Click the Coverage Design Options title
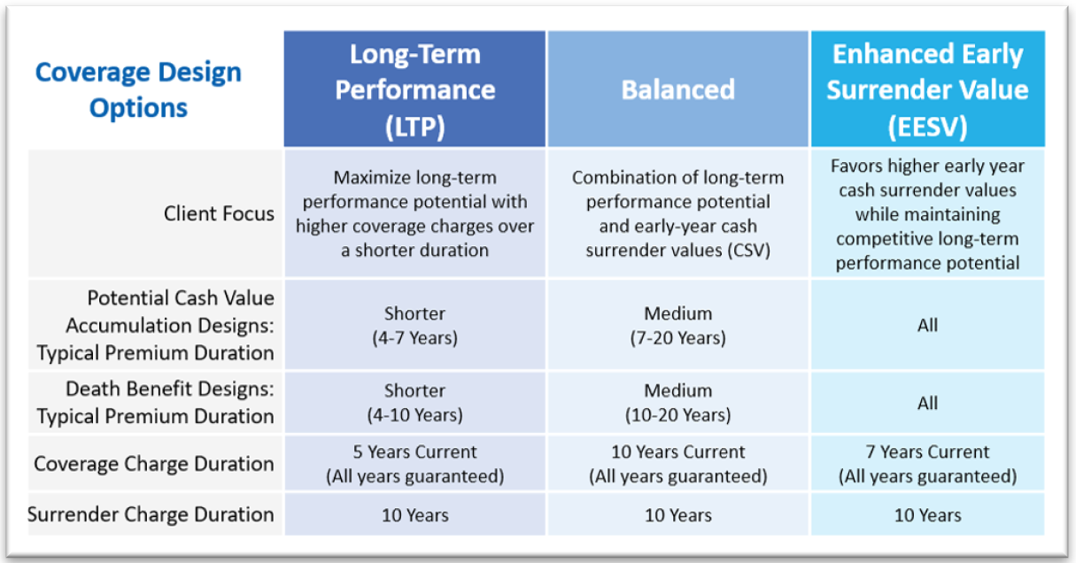coord(138,89)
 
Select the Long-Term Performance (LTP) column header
coord(415,89)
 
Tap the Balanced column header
coord(677,89)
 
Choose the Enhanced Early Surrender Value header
coord(927,89)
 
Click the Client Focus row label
coord(219,213)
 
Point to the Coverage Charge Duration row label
coord(154,464)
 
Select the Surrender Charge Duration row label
coord(151,514)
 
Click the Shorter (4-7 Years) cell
coord(415,326)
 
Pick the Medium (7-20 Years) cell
coord(677,326)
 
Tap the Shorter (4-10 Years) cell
coord(415,403)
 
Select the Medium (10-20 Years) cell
coord(677,403)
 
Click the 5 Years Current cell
coord(415,464)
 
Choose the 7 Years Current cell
coord(927,464)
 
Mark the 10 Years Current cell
coord(677,464)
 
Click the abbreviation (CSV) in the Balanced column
coord(748,250)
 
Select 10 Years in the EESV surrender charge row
coord(927,515)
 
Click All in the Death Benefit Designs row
coord(927,403)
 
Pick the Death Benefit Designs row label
coord(156,403)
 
